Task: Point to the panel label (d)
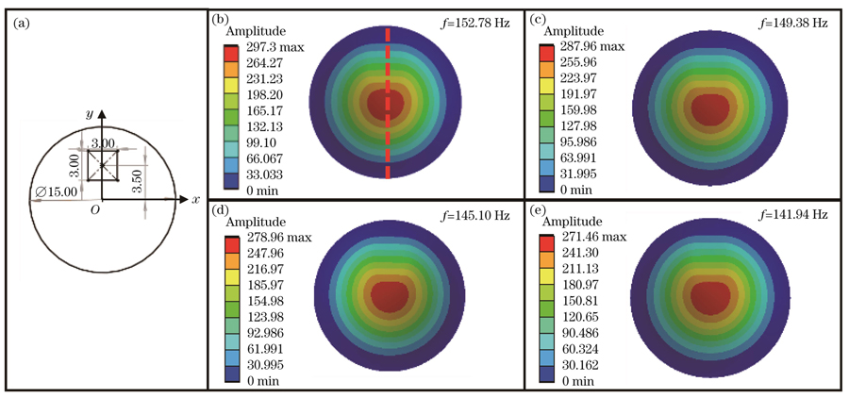point(221,215)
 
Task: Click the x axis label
point(195,200)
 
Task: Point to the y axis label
point(90,113)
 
